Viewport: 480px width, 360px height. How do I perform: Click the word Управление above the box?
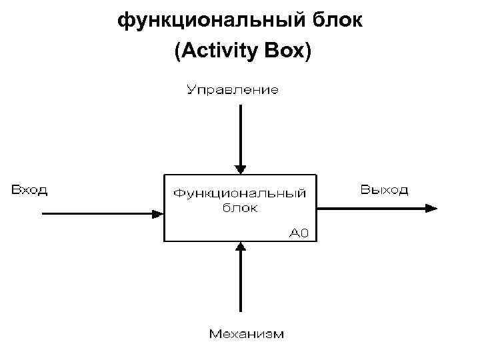click(232, 89)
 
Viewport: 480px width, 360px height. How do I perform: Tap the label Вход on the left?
click(29, 190)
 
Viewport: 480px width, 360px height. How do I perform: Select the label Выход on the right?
click(385, 190)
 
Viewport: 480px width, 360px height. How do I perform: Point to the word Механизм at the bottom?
click(246, 333)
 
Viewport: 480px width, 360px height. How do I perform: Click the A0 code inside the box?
click(299, 233)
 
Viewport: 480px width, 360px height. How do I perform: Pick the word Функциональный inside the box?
click(240, 193)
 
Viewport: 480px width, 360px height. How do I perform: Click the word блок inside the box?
click(240, 207)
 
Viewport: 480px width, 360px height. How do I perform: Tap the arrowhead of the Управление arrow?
click(241, 169)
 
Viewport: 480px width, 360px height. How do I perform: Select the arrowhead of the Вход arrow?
click(158, 214)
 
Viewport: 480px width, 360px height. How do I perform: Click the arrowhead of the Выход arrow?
click(433, 208)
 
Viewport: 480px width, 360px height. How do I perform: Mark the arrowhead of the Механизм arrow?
click(241, 247)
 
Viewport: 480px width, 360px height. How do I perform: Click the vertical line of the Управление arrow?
click(241, 133)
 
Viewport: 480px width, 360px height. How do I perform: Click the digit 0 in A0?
click(304, 233)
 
